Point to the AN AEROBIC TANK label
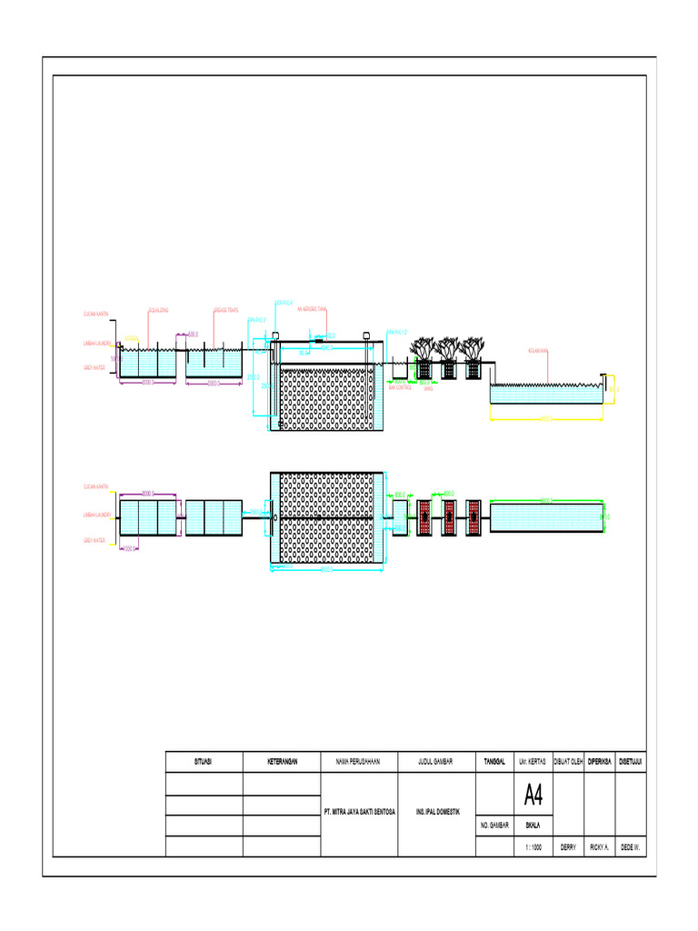[311, 310]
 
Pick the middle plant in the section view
[447, 349]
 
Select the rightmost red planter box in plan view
[474, 516]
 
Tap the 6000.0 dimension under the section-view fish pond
[546, 419]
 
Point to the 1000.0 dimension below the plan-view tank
[130, 548]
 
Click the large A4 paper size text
[533, 796]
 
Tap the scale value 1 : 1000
[533, 846]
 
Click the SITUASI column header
[204, 762]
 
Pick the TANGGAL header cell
[494, 762]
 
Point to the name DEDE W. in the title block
[630, 846]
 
